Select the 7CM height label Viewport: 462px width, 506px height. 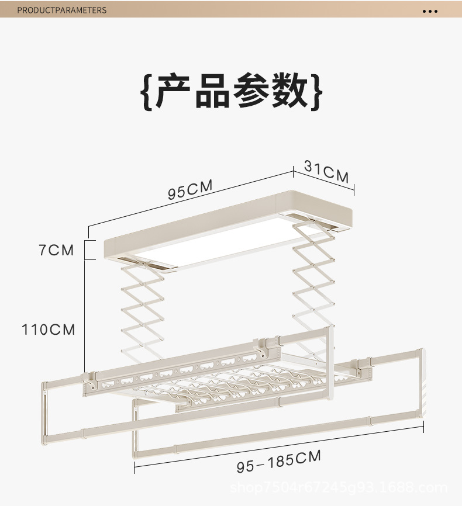coord(57,250)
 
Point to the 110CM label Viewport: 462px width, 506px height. coord(49,330)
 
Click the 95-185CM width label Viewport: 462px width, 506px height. coord(279,461)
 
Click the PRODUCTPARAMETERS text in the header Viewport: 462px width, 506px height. coord(62,10)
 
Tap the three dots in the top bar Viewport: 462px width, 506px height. coord(430,11)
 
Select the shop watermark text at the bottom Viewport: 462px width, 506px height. coord(339,488)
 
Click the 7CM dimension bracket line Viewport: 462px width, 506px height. coord(87,250)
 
